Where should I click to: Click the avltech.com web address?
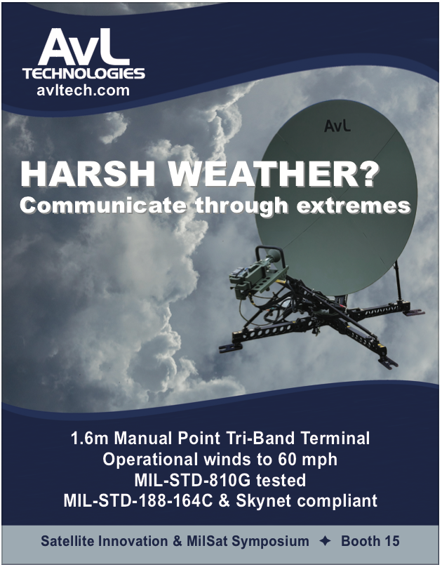point(83,90)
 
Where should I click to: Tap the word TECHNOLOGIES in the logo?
point(83,74)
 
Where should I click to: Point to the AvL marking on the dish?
point(337,126)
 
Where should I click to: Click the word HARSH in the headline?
point(88,174)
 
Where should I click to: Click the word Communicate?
point(103,205)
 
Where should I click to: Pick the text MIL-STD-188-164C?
point(138,501)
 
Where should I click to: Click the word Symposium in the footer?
point(270,541)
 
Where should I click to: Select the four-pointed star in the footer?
point(326,541)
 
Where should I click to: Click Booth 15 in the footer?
point(370,541)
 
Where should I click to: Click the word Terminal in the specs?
point(335,439)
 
